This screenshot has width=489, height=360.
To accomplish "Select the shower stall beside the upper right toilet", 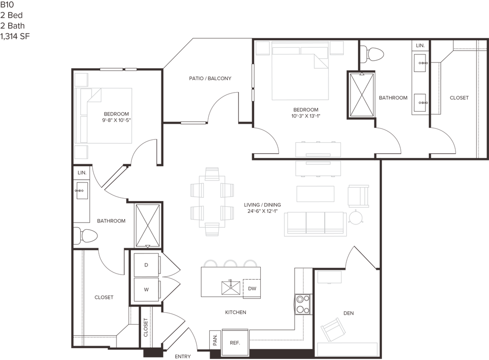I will coord(361,94).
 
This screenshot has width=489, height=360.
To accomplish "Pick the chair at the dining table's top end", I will coord(211,172).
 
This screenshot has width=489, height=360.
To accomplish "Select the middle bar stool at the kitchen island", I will coord(231,263).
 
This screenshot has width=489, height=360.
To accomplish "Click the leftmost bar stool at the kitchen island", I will coord(211,263).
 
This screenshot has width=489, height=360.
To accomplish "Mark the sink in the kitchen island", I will coord(231,287).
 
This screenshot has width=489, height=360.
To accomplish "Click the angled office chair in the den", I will coord(333,328).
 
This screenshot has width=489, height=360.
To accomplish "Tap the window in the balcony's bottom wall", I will coord(193,123).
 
